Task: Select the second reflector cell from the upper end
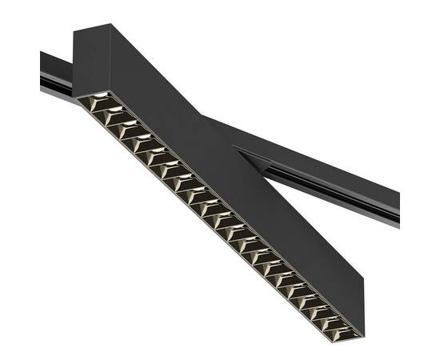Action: (x=109, y=114)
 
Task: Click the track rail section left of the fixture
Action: (x=56, y=74)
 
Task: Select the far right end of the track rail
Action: (x=398, y=210)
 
